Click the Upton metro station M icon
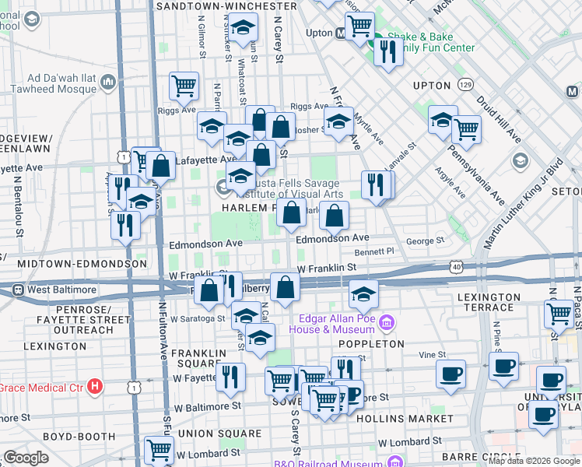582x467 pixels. click(x=340, y=33)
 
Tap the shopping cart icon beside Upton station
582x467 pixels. click(x=359, y=26)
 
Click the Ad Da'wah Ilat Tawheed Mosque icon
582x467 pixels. click(x=107, y=82)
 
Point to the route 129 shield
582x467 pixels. click(x=465, y=84)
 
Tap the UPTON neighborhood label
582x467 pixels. click(x=433, y=85)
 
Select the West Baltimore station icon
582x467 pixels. click(x=17, y=290)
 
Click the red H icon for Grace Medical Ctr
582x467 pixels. click(x=95, y=386)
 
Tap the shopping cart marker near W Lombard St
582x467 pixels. click(x=159, y=450)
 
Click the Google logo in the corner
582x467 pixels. click(x=26, y=458)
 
